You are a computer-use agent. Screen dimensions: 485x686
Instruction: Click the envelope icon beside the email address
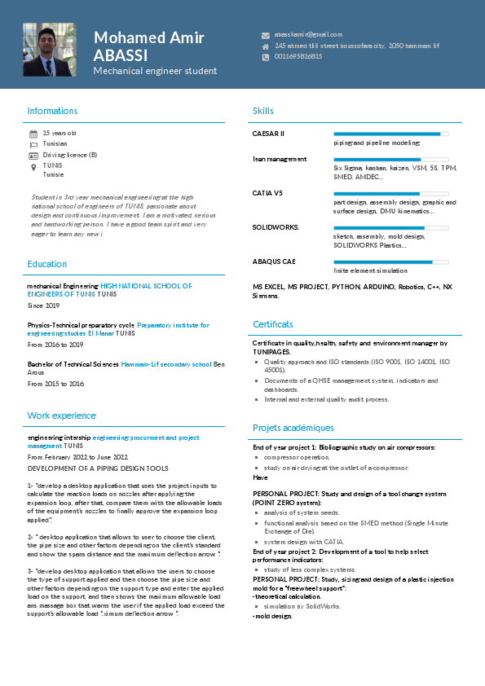coord(265,35)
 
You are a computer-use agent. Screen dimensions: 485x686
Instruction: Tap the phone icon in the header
coord(265,56)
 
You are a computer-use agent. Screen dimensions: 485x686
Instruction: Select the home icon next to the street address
coord(265,46)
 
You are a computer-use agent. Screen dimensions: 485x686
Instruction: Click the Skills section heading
coord(263,111)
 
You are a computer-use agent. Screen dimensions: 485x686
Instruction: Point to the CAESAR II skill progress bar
coord(391,133)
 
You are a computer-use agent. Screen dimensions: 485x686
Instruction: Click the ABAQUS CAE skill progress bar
coord(391,262)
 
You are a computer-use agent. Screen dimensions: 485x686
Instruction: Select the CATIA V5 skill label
coord(267,193)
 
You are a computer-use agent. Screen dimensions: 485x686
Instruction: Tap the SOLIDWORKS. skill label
coord(276,227)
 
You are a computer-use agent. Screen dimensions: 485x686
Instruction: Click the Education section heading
coord(47,264)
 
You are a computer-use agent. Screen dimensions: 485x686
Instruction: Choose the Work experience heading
coord(61,416)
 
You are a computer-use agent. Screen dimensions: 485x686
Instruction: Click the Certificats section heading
coord(273,324)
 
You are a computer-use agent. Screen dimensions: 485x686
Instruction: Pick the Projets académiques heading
coord(293,428)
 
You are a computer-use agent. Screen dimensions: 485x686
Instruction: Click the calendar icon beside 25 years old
coord(33,133)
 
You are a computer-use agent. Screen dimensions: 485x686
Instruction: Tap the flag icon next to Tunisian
coord(33,143)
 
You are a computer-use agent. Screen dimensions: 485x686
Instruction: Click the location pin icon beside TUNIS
coord(33,165)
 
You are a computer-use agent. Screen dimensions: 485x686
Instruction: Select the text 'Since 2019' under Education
coord(43,306)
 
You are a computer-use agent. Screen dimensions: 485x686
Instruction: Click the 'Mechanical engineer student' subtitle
coord(155,72)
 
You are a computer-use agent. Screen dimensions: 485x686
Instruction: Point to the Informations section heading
coord(52,111)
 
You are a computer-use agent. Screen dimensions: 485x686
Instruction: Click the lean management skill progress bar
coord(391,159)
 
